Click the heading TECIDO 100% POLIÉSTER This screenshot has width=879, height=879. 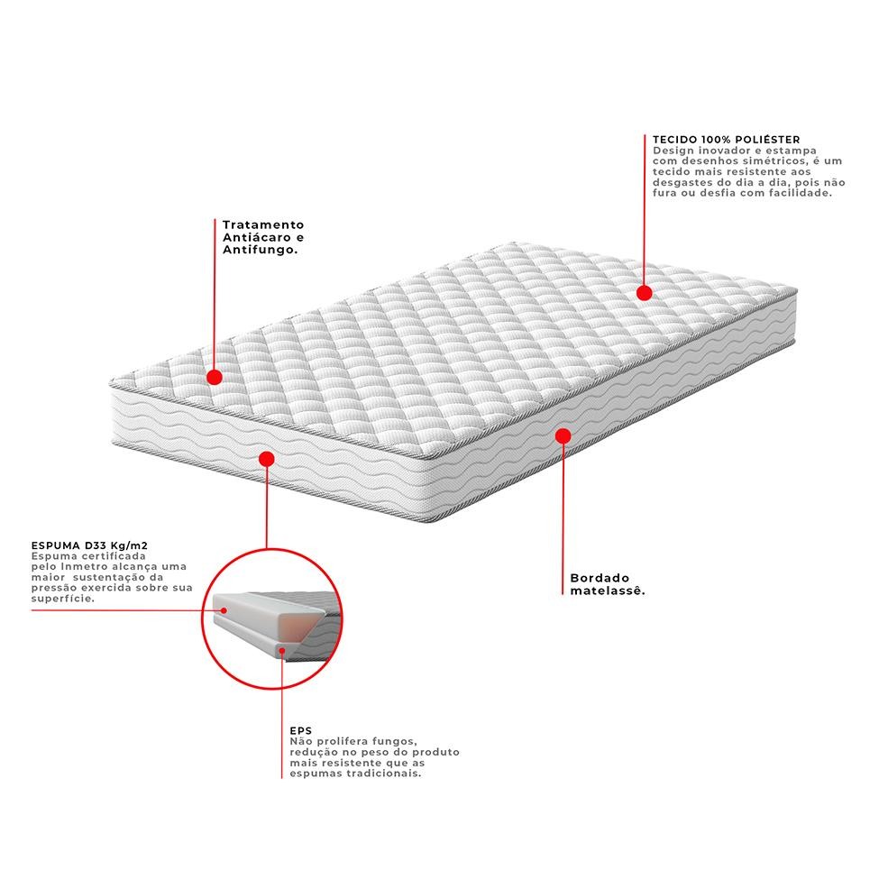[x=726, y=140]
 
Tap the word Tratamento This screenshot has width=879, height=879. [x=263, y=224]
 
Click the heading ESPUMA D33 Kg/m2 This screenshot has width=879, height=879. [x=89, y=545]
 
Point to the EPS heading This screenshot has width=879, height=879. [x=300, y=731]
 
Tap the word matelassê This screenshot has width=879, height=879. [x=608, y=591]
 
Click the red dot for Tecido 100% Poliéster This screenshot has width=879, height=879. [x=644, y=293]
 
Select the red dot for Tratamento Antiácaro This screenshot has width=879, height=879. [x=215, y=377]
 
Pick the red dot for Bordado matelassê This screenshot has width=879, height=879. [x=563, y=436]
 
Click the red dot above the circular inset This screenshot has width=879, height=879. [x=267, y=459]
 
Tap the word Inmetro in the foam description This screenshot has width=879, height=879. [x=81, y=567]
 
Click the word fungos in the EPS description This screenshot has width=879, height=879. [x=395, y=742]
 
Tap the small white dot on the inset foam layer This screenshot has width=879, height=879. [x=224, y=610]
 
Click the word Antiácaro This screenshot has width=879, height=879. [x=257, y=238]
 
